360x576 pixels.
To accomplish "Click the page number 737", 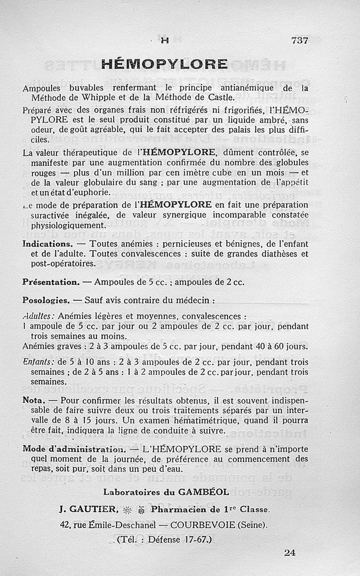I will coord(300,40).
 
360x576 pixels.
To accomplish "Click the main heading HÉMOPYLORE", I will coord(164,64).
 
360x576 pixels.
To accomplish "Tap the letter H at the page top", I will coord(165,40).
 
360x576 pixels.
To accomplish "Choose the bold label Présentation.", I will coord(51,282).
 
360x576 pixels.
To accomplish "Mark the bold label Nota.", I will coord(33,400).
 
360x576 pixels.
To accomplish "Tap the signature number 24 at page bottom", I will coord(290,553).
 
